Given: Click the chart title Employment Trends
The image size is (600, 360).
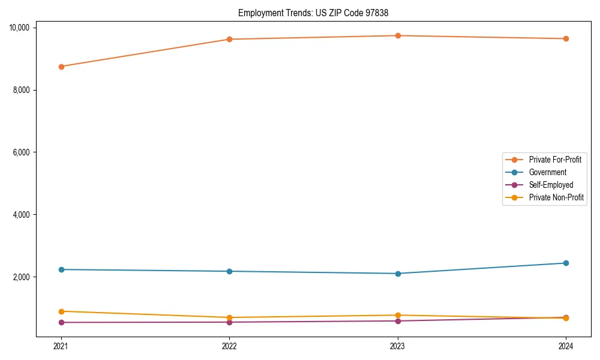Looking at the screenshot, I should pos(317,13).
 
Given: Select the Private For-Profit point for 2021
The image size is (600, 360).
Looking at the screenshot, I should pos(61,67).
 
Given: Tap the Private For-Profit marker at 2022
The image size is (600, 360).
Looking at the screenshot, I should pos(229,40).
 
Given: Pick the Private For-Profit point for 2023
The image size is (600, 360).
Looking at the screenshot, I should pos(398,35).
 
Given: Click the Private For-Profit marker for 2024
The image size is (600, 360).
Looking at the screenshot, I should pos(566,38).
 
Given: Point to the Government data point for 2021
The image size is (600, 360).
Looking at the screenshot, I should pos(61,269).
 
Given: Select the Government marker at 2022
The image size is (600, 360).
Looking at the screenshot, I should pos(229,271).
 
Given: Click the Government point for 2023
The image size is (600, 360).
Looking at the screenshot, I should pos(398,274).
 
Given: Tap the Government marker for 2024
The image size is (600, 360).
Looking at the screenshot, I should pos(566,263).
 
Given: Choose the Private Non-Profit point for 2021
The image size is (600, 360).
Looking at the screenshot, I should pos(61,311).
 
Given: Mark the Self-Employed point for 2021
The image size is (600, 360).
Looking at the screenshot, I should pos(61,322).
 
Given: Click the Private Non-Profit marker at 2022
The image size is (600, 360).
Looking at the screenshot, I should pos(229,317).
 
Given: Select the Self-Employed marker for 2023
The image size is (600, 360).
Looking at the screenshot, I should pos(398,321).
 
